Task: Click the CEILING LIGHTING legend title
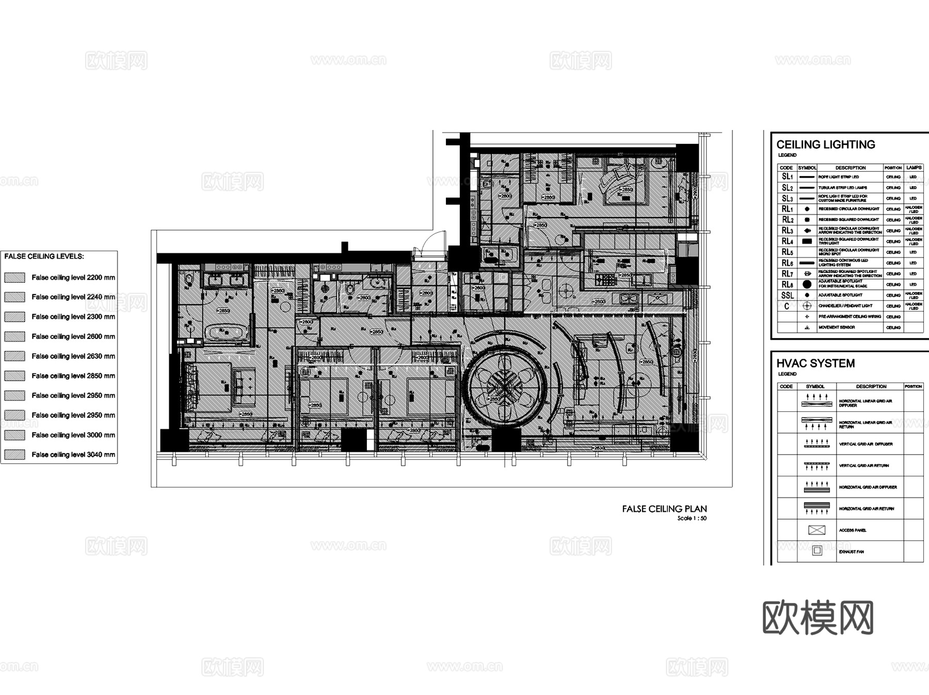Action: pyautogui.click(x=825, y=144)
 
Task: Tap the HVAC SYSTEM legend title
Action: pyautogui.click(x=815, y=363)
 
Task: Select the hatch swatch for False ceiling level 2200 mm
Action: pyautogui.click(x=14, y=278)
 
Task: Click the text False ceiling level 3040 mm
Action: pyautogui.click(x=73, y=455)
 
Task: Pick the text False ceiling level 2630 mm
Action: pyautogui.click(x=73, y=356)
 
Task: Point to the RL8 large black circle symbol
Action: pyautogui.click(x=807, y=284)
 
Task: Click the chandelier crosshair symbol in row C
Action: pyautogui.click(x=807, y=306)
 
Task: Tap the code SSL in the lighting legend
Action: pyautogui.click(x=787, y=295)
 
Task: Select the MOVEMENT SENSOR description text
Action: pyautogui.click(x=837, y=328)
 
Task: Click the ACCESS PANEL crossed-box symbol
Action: pyautogui.click(x=816, y=530)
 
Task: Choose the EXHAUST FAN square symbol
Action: pyautogui.click(x=816, y=551)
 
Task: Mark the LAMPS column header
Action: pyautogui.click(x=914, y=168)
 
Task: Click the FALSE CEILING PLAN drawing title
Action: pyautogui.click(x=664, y=509)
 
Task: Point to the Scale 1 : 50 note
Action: pyautogui.click(x=692, y=518)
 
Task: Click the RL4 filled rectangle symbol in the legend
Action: pyautogui.click(x=807, y=241)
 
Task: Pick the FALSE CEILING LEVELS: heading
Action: pyautogui.click(x=44, y=256)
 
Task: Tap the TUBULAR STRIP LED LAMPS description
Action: pyautogui.click(x=842, y=188)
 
